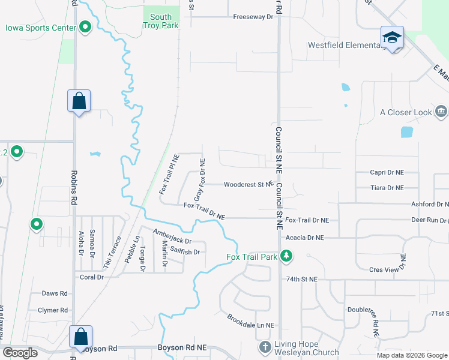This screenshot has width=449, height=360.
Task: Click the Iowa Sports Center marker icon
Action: click(85, 27)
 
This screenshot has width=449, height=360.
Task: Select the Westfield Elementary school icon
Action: click(392, 38)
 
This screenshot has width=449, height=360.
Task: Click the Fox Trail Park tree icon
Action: click(287, 257)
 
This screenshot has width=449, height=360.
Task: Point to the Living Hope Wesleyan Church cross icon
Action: click(265, 347)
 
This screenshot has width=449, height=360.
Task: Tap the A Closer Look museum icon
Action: click(441, 112)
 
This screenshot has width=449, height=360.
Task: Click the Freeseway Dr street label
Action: click(253, 17)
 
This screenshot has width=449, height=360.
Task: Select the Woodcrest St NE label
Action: click(248, 185)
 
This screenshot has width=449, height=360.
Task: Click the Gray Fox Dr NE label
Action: click(200, 179)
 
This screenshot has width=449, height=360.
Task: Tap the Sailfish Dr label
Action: click(184, 252)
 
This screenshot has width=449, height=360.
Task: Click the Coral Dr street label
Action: click(92, 277)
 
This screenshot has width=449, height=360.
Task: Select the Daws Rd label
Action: click(55, 293)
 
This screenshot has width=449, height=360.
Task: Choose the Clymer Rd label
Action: click(53, 310)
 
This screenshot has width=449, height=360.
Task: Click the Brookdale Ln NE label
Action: click(250, 320)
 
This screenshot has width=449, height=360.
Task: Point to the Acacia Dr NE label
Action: click(304, 238)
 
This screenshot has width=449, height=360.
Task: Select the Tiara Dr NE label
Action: click(387, 188)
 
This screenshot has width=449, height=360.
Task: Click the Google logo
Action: click(20, 353)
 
